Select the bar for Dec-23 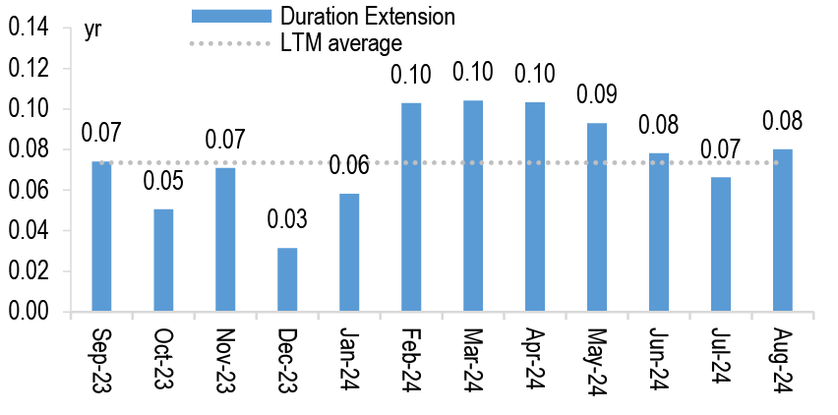coord(287,279)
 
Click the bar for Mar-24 coord(473,207)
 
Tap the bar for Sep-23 coord(101,236)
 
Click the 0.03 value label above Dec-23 coord(287,218)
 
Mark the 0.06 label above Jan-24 coord(349,165)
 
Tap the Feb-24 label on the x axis coord(412,359)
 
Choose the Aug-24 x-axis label coord(784,359)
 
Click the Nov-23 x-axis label coord(225,359)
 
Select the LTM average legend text coord(339,42)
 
